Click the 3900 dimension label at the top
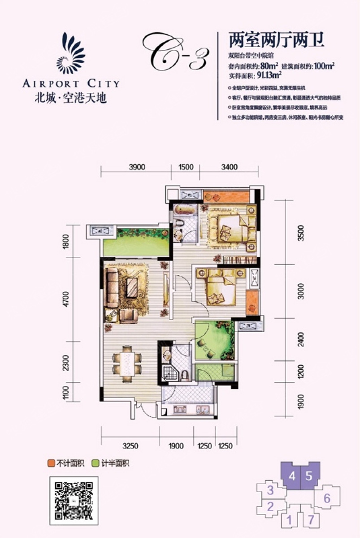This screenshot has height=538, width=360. tap(137, 168)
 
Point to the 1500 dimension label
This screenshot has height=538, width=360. tap(186, 168)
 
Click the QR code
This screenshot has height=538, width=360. tap(74, 499)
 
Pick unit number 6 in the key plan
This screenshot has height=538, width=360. tap(327, 498)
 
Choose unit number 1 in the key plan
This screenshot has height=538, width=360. tap(290, 521)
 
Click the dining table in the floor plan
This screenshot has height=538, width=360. tap(127, 363)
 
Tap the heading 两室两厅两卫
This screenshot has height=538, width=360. tap(276, 41)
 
